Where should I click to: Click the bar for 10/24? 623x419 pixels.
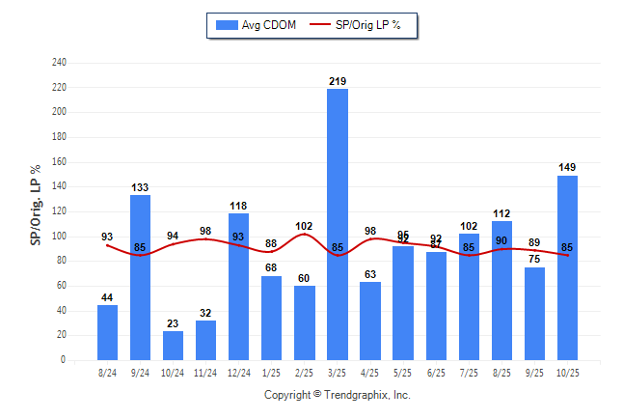point(174,346)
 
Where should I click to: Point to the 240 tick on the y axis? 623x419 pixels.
point(59,63)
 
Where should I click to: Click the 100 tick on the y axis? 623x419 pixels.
point(59,237)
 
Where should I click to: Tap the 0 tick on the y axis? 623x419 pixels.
point(64,360)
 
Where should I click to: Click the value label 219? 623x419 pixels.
point(338,81)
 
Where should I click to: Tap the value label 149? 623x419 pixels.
point(567,168)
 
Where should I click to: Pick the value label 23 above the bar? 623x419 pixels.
point(174,324)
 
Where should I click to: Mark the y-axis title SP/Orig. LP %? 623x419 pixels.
point(36,210)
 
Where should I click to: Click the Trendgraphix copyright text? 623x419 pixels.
point(338,395)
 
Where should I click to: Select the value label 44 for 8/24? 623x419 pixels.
point(108,298)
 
